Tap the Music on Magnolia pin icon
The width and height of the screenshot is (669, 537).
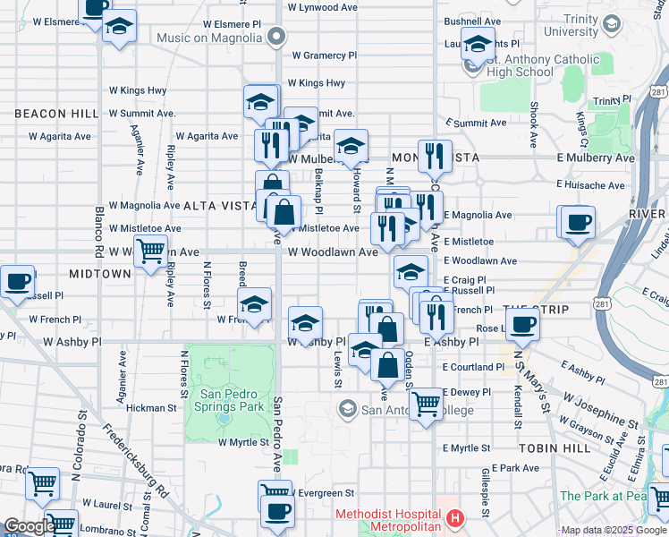point(276,38)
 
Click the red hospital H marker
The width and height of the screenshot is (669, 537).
point(455,518)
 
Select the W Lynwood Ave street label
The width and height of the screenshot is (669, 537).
point(321,6)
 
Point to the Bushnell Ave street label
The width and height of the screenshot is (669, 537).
point(472,21)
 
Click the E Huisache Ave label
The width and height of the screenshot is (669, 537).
point(594,184)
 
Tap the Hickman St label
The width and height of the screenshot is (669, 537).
point(151,407)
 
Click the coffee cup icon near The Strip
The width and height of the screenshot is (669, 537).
point(523,325)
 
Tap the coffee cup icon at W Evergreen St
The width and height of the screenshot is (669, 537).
point(278,511)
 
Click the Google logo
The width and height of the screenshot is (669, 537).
point(30,527)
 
